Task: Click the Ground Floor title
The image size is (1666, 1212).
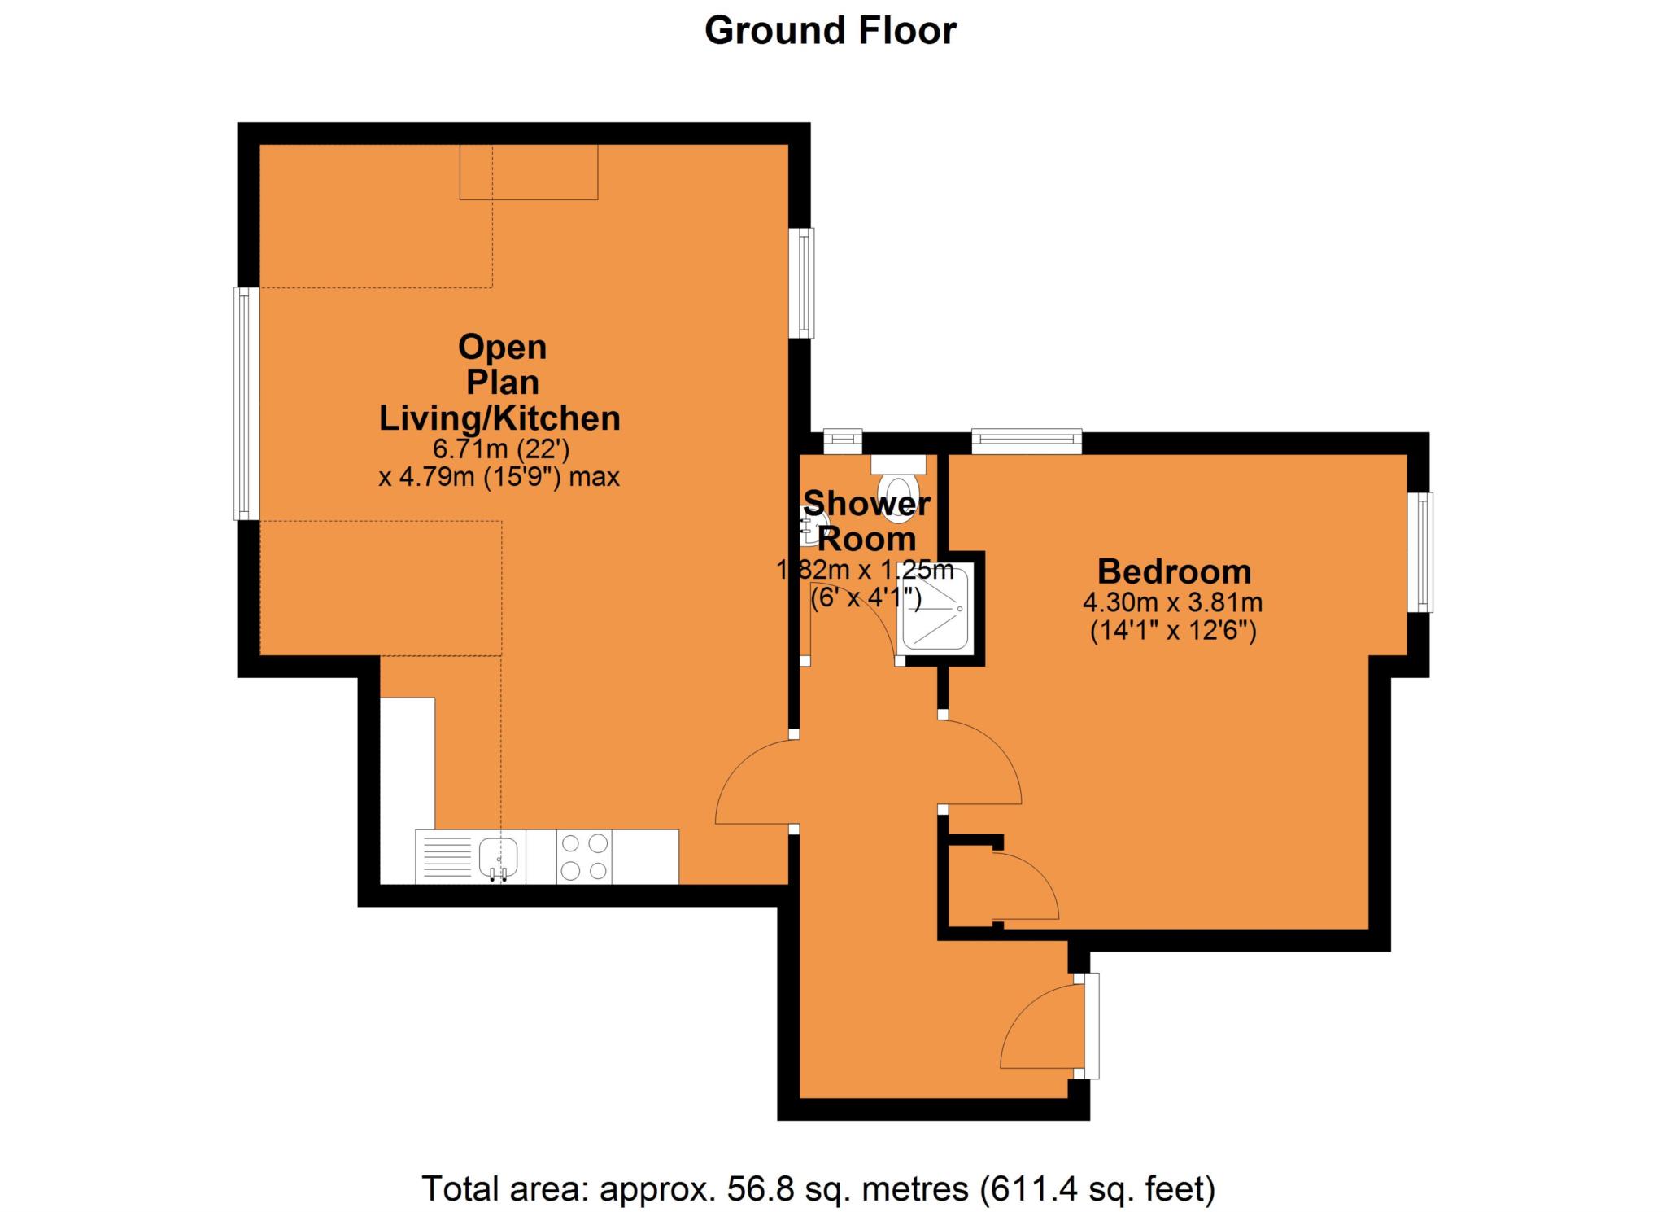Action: pyautogui.click(x=831, y=31)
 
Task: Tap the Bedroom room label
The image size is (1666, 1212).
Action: pyautogui.click(x=1174, y=571)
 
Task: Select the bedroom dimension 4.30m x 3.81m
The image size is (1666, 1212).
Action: pyautogui.click(x=1172, y=603)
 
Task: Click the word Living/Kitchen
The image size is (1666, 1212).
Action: pyautogui.click(x=499, y=418)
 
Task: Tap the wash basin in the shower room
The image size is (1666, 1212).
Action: pyautogui.click(x=813, y=525)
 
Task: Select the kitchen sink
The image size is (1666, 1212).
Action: pyautogui.click(x=498, y=855)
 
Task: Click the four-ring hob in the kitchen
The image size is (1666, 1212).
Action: pyautogui.click(x=584, y=856)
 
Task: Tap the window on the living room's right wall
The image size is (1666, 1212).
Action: pyautogui.click(x=802, y=282)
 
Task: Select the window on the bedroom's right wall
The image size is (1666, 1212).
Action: pyautogui.click(x=1420, y=552)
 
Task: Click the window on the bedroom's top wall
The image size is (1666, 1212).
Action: pyautogui.click(x=1027, y=442)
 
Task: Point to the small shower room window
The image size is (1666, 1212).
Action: pyautogui.click(x=842, y=442)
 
